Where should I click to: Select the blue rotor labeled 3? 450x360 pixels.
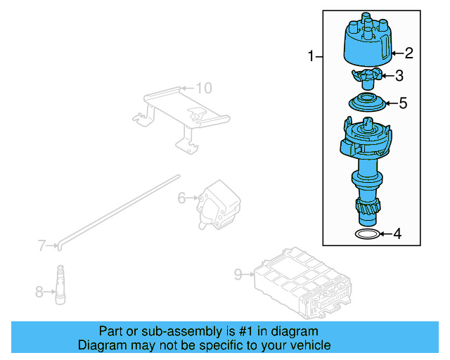(366, 76)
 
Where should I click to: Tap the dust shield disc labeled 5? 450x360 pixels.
(368, 103)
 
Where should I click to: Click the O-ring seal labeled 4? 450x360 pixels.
(366, 233)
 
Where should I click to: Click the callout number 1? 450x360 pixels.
(311, 56)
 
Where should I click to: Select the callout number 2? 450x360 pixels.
(409, 52)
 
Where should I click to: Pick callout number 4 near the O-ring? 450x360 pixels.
(397, 233)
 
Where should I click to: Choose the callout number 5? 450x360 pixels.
(402, 103)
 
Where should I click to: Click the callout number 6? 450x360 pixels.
(181, 199)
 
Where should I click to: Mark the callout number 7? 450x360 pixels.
(41, 245)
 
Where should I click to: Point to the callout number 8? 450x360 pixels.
(40, 290)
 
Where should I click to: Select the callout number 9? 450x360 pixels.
(237, 274)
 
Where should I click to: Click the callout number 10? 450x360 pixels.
(202, 88)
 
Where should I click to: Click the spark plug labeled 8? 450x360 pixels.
(61, 286)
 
